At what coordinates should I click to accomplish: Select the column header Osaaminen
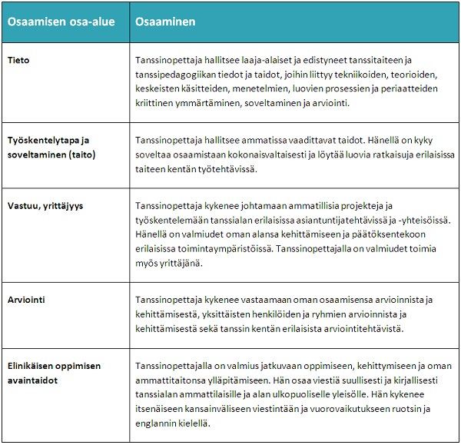pyautogui.click(x=164, y=22)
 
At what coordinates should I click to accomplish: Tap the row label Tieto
pyautogui.click(x=18, y=59)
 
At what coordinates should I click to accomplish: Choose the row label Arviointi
pyautogui.click(x=28, y=299)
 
